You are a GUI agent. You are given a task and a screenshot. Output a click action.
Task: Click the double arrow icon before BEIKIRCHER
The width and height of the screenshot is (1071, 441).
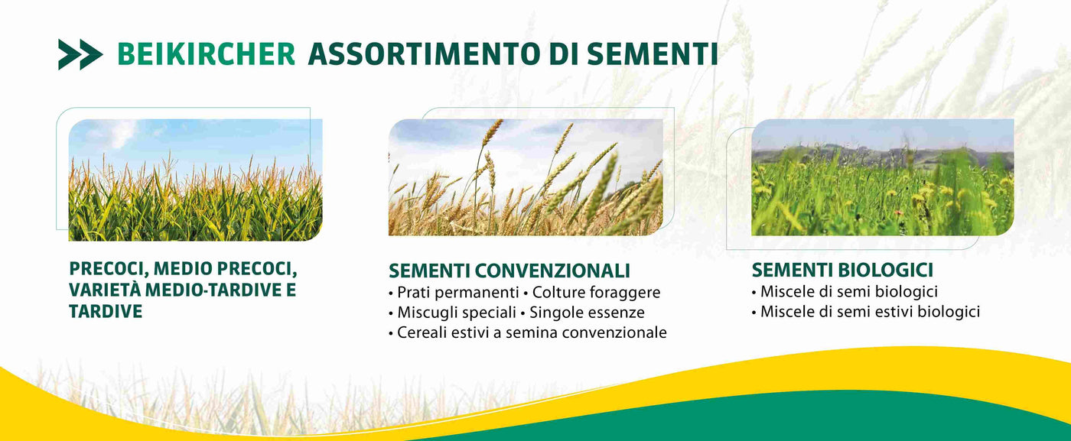coord(80,54)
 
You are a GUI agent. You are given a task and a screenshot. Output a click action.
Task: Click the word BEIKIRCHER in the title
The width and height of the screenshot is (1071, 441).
coord(206,54)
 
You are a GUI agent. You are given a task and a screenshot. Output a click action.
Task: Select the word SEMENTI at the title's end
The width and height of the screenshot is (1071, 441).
coord(652,54)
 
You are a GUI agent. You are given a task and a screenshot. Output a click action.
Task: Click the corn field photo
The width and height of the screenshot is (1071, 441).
coord(195,180)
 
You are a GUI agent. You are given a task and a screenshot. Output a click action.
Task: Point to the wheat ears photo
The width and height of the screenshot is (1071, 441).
coord(526,177)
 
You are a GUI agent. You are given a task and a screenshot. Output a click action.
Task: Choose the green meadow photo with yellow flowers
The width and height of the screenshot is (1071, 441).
coord(883,177)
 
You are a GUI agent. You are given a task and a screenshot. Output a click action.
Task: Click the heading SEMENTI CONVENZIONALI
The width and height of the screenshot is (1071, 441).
coord(509,271)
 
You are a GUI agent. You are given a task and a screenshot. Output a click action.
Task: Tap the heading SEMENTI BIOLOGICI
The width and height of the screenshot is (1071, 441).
coord(842,270)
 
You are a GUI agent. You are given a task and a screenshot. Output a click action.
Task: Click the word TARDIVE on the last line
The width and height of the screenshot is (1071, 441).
coord(106,312)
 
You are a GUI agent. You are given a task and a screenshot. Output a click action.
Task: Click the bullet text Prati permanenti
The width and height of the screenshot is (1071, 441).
coord(458,293)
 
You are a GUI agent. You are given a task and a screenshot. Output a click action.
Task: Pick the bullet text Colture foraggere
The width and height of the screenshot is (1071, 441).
coord(596,293)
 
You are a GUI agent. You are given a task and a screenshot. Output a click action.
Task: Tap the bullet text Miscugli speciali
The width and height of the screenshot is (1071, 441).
coord(457,313)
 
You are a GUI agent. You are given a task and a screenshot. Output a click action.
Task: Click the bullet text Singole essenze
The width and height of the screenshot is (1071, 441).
coord(588,313)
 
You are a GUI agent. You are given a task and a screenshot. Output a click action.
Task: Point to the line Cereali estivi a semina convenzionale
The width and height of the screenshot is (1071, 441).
coord(532,332)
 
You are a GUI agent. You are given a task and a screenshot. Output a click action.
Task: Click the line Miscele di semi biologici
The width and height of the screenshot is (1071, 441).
coord(848,291)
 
